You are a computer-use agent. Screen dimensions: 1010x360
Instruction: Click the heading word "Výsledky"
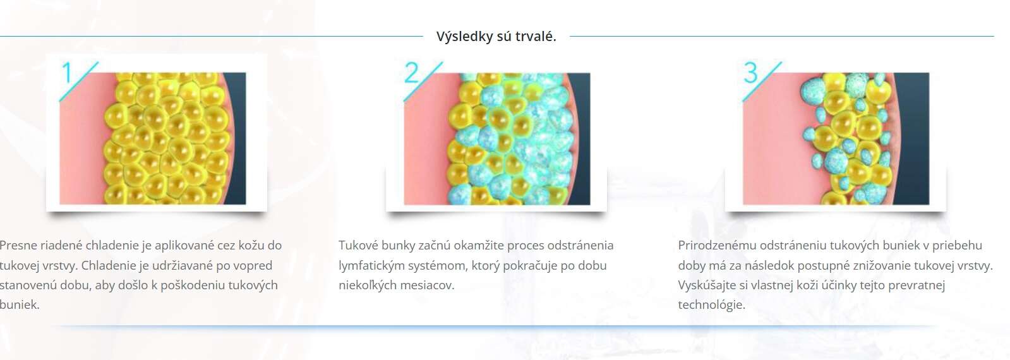[464, 37]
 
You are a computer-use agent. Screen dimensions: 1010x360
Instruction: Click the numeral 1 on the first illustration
[67, 73]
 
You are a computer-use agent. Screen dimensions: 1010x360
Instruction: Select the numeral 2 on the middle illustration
[411, 73]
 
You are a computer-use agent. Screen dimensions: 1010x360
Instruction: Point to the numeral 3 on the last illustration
[751, 73]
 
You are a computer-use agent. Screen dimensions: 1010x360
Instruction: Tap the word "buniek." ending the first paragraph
[20, 305]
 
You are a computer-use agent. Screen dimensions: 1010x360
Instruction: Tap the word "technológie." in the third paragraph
[711, 305]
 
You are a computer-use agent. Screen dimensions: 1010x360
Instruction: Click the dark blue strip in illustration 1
[236, 138]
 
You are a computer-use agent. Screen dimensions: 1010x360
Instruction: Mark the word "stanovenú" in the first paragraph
[28, 285]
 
